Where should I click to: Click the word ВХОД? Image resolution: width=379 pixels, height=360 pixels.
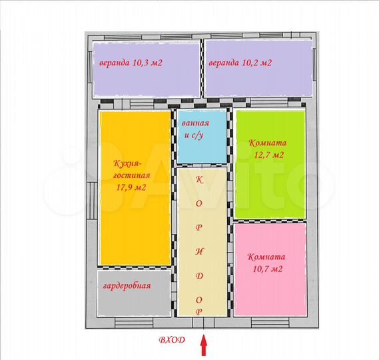coord(172,339)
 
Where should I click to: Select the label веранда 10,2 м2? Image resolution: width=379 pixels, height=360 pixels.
coord(240,63)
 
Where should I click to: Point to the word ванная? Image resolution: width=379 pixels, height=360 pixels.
coord(196,123)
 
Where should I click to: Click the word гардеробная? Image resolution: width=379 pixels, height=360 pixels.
coord(127,286)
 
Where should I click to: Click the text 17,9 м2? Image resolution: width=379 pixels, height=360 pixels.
coord(131,187)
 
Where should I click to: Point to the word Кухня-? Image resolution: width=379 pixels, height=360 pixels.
coord(128,163)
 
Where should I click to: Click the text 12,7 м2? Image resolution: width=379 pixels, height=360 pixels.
coord(268,155)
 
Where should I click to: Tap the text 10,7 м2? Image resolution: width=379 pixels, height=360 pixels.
coord(268,269)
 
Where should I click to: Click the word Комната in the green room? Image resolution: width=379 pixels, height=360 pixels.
coord(266,143)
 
